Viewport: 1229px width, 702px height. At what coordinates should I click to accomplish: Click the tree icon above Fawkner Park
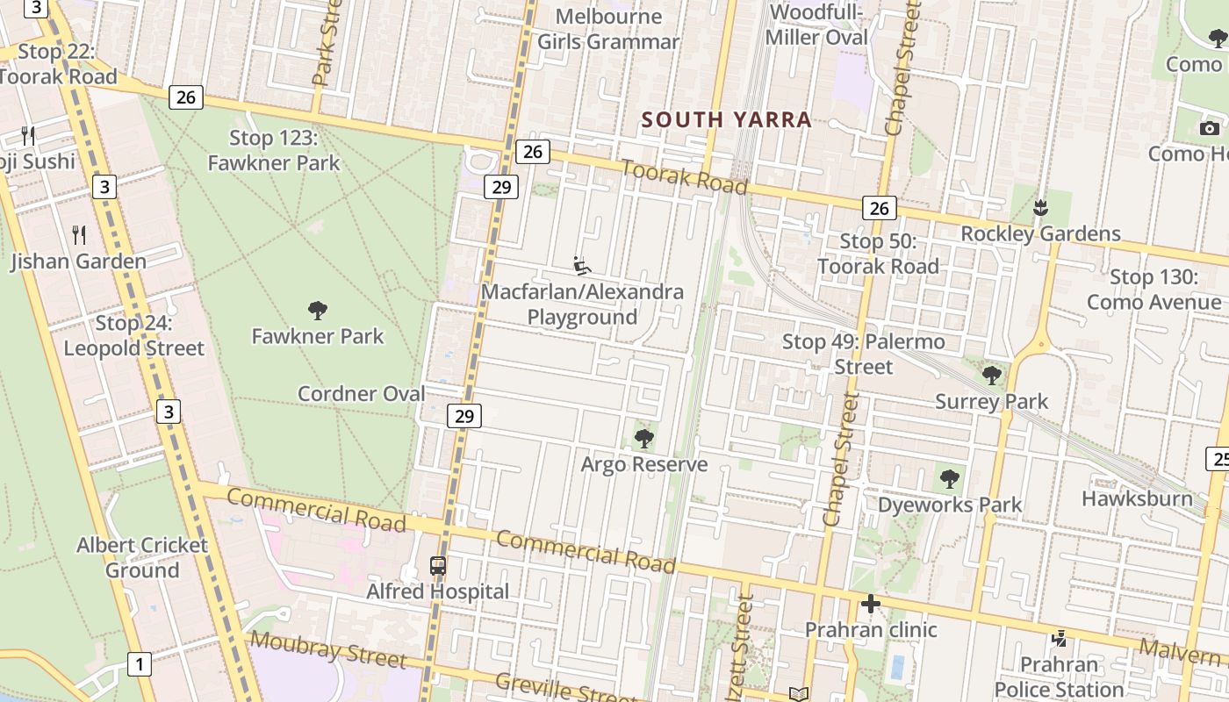coord(318,310)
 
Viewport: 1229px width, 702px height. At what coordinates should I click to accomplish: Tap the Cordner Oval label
coord(361,394)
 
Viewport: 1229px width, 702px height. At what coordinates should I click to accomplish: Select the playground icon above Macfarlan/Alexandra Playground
coord(581,265)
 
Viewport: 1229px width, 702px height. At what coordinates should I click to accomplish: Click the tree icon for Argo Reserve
coord(644,438)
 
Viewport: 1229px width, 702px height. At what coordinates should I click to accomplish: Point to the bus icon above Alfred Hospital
coord(438,566)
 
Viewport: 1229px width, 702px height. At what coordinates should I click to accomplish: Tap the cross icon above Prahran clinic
coord(870,604)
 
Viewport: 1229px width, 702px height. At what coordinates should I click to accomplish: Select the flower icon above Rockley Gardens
coord(1040,208)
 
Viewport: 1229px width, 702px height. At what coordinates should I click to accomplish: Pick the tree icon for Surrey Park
coord(992,376)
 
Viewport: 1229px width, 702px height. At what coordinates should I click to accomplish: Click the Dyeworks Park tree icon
coord(949,478)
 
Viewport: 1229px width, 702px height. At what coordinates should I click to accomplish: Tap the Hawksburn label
coord(1137,498)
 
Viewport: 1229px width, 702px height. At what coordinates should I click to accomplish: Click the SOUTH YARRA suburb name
coord(726,119)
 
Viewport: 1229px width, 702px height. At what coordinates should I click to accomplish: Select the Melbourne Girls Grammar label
coord(608,29)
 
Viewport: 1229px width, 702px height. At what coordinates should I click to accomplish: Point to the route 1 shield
coord(139,664)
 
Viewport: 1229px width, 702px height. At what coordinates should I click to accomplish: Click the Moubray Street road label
coord(328,650)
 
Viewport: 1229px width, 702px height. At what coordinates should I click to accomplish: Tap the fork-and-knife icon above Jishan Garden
coord(79,234)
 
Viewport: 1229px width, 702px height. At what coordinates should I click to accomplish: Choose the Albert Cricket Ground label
coord(142,557)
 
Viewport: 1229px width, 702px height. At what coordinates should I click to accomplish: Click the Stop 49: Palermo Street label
coord(863,354)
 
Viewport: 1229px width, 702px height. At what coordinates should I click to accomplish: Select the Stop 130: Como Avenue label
coord(1154,290)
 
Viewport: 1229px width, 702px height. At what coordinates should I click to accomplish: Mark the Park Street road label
coord(326,44)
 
